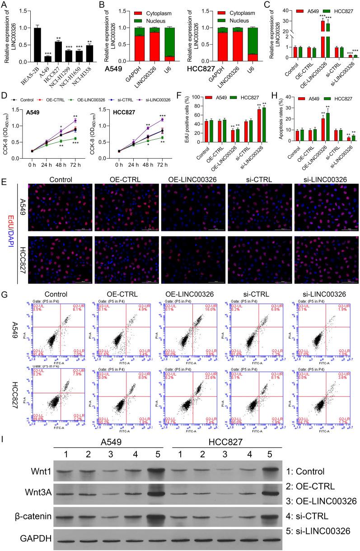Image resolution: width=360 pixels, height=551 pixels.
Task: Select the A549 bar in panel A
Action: [47, 58]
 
